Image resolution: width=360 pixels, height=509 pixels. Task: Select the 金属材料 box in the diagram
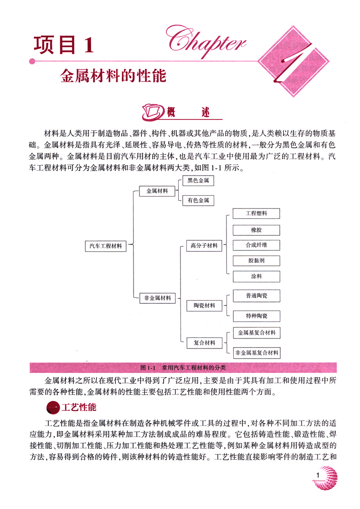coord(157,191)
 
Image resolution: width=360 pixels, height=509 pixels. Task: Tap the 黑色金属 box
coord(198,181)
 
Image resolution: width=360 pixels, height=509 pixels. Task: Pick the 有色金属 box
coord(198,200)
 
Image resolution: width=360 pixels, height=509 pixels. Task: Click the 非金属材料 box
coord(157,298)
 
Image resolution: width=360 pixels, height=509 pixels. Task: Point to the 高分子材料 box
coord(204,246)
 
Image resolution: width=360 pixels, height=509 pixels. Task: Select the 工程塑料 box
coord(256,213)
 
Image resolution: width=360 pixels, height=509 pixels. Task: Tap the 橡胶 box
coord(256,230)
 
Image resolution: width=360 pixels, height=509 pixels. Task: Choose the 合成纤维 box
coord(256,245)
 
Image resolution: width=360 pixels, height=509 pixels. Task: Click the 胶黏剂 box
coord(256,261)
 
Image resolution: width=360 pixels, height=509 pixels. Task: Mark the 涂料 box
coord(256,276)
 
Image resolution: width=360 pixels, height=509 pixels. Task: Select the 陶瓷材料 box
coord(201,305)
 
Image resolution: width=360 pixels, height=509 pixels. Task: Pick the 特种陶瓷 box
coord(256,316)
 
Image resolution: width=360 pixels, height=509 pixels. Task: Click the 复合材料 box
coord(201,342)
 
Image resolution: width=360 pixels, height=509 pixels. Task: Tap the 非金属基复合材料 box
coord(256,353)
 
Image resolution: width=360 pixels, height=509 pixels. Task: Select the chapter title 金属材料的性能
coord(113,75)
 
